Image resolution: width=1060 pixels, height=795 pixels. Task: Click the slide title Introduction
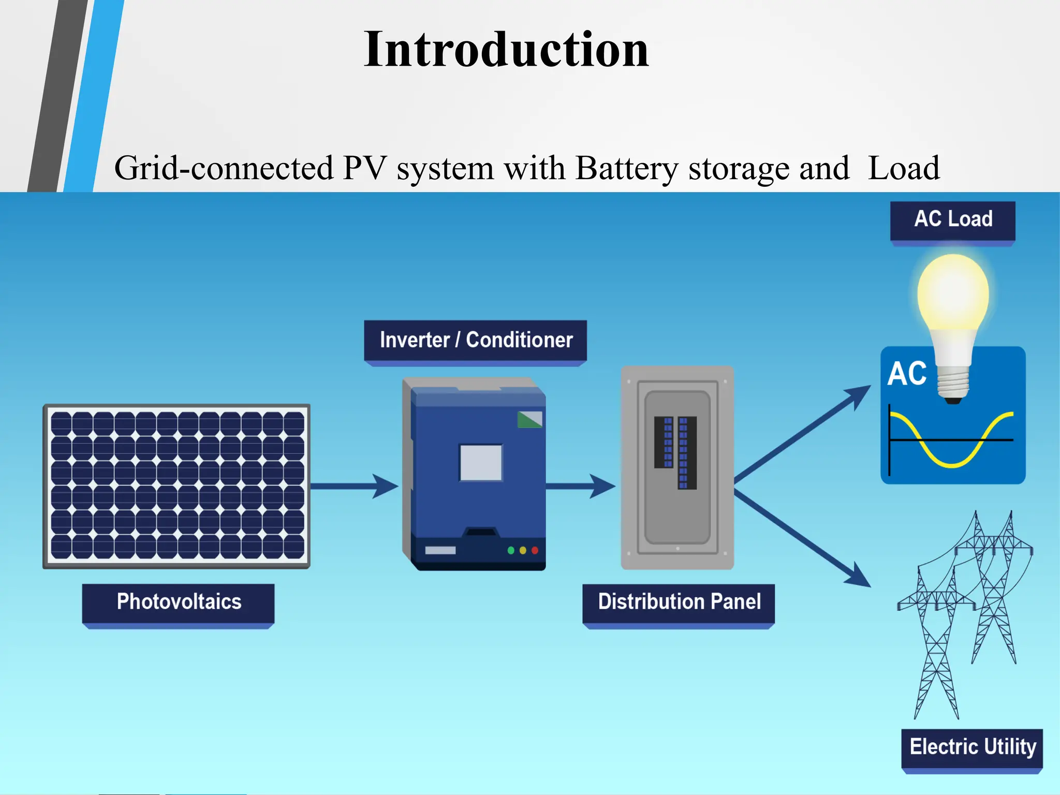point(506,50)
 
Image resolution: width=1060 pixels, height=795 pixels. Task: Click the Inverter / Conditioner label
point(476,340)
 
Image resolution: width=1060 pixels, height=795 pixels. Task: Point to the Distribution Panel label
point(679,602)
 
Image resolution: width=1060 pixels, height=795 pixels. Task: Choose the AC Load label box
point(952,219)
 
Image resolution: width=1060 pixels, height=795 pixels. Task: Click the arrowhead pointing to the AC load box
point(859,394)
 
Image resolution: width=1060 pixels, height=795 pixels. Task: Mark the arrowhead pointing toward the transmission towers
point(859,578)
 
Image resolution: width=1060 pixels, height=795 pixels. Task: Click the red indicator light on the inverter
point(535,550)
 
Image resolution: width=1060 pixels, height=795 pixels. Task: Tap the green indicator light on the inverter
point(511,550)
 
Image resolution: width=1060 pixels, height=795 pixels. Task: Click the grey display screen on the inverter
point(481,462)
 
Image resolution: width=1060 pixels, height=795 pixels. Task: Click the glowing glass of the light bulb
point(953,292)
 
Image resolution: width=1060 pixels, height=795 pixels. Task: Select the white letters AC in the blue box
point(907,374)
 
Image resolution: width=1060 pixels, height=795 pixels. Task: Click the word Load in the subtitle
point(904,168)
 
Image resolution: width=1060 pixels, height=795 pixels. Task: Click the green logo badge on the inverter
point(529,419)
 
